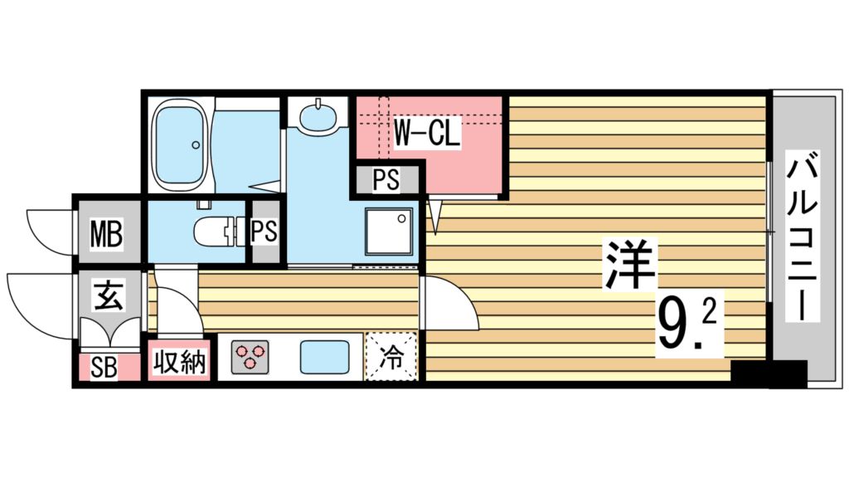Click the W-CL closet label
pyautogui.click(x=426, y=134)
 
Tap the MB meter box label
pyautogui.click(x=106, y=236)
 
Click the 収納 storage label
pyautogui.click(x=179, y=363)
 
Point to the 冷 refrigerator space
pyautogui.click(x=392, y=358)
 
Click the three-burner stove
pyautogui.click(x=249, y=358)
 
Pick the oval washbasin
pyautogui.click(x=319, y=116)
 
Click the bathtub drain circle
pyautogui.click(x=196, y=145)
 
